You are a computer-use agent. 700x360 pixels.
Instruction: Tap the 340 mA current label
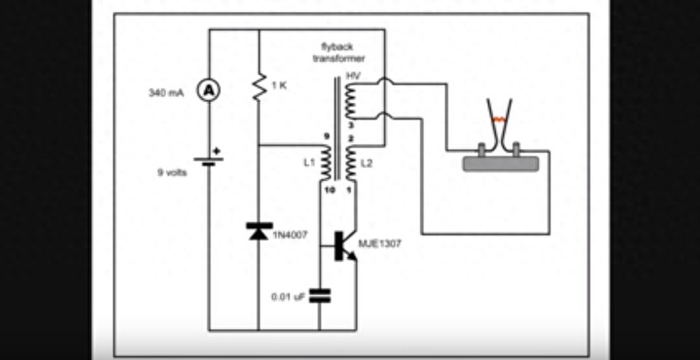(165, 92)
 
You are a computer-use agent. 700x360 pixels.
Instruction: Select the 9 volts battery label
(173, 173)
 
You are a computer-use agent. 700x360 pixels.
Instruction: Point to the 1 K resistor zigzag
(259, 85)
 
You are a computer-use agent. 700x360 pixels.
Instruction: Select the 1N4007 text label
(289, 234)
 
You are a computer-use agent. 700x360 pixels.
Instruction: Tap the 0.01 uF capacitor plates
(319, 295)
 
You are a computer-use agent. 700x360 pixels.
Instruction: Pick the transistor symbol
(345, 246)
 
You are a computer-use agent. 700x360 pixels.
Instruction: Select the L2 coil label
(367, 164)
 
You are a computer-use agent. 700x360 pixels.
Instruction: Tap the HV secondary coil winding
(350, 100)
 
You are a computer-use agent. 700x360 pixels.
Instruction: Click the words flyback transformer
(338, 53)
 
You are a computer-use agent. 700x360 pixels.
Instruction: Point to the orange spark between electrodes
(498, 121)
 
